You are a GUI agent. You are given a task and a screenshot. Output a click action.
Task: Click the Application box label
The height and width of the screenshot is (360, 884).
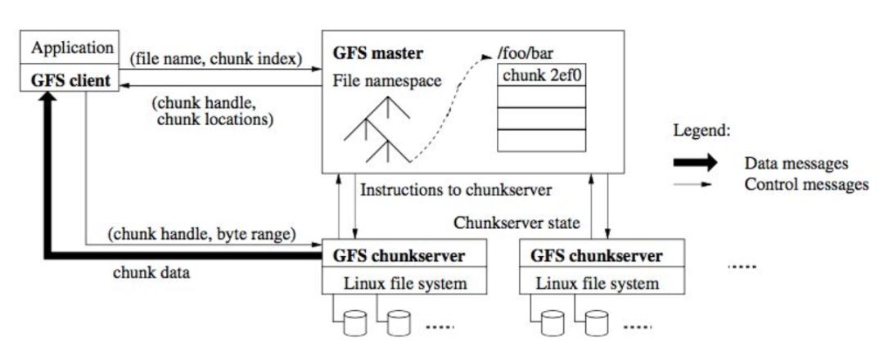(72, 48)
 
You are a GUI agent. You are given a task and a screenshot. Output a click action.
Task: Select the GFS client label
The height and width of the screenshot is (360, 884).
(72, 81)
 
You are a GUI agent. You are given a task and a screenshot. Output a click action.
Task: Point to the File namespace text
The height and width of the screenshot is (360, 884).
(385, 82)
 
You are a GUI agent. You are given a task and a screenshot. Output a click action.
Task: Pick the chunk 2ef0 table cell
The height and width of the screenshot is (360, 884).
(541, 75)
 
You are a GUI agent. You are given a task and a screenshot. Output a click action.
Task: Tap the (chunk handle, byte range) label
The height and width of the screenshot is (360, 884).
(201, 234)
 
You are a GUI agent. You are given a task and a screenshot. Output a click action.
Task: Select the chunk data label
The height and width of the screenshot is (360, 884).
(151, 272)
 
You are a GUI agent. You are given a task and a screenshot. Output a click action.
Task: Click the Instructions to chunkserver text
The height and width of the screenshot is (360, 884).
(456, 190)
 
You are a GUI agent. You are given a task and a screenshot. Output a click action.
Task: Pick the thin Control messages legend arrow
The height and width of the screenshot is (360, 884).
(695, 184)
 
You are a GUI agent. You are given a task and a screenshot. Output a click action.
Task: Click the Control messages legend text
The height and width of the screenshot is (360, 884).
(806, 184)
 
